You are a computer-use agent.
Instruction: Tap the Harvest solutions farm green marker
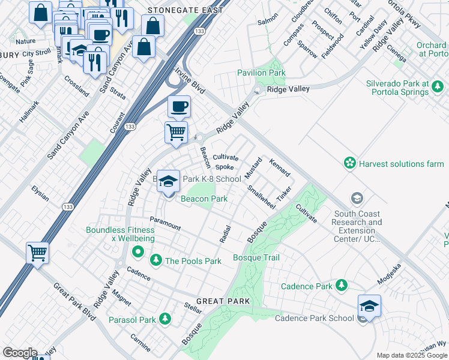[349, 163]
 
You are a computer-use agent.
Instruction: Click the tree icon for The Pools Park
[156, 260]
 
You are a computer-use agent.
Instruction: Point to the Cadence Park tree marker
[342, 284]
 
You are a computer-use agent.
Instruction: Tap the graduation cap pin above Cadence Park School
[369, 306]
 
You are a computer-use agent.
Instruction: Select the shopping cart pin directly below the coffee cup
[176, 132]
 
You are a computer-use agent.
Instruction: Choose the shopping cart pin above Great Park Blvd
[37, 253]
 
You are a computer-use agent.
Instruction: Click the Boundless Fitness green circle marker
[137, 251]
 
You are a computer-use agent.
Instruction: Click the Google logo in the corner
[20, 353]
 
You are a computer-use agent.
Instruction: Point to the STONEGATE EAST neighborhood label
[185, 10]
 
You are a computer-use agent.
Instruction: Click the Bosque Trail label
[256, 258]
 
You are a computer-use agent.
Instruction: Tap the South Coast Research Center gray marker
[357, 199]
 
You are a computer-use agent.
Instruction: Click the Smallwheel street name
[261, 196]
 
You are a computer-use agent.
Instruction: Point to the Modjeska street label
[389, 274]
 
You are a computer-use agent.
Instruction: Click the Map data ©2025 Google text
[412, 355]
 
